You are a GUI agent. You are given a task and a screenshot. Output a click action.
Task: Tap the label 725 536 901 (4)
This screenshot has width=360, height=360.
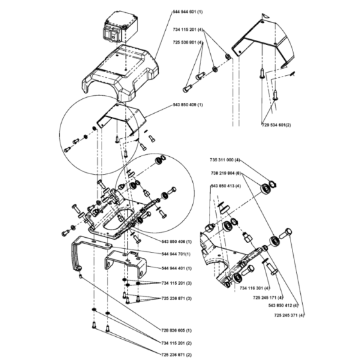188,42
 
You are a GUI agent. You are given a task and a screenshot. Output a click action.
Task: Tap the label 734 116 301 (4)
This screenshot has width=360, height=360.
255,288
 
